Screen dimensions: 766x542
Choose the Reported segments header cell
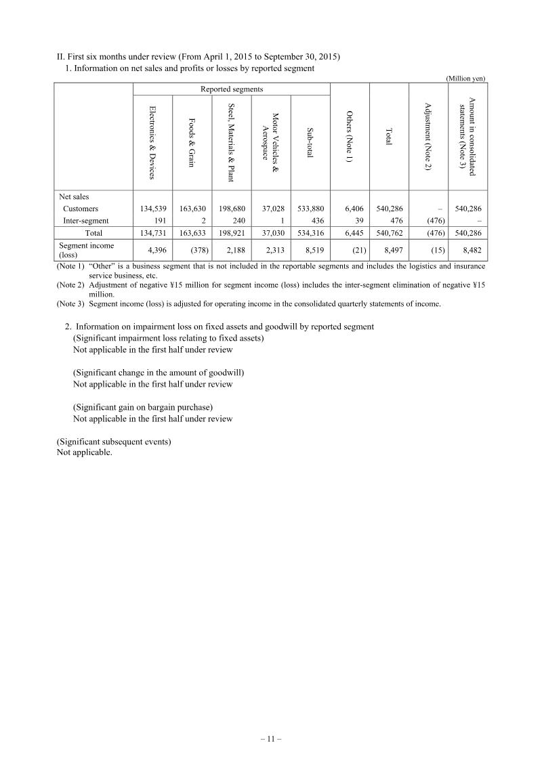coord(232,89)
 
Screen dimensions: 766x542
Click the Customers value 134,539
coord(153,209)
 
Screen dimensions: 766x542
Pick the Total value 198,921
coord(231,233)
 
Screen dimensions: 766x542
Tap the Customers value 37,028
coord(271,209)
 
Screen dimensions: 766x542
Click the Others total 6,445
coord(351,233)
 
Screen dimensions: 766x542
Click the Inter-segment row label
coord(85,220)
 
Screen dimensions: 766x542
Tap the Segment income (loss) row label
coord(87,250)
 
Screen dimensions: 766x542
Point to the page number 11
coord(271,739)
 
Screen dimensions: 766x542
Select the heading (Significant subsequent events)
coord(114,442)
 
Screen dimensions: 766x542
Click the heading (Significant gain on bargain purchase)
coord(143,407)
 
